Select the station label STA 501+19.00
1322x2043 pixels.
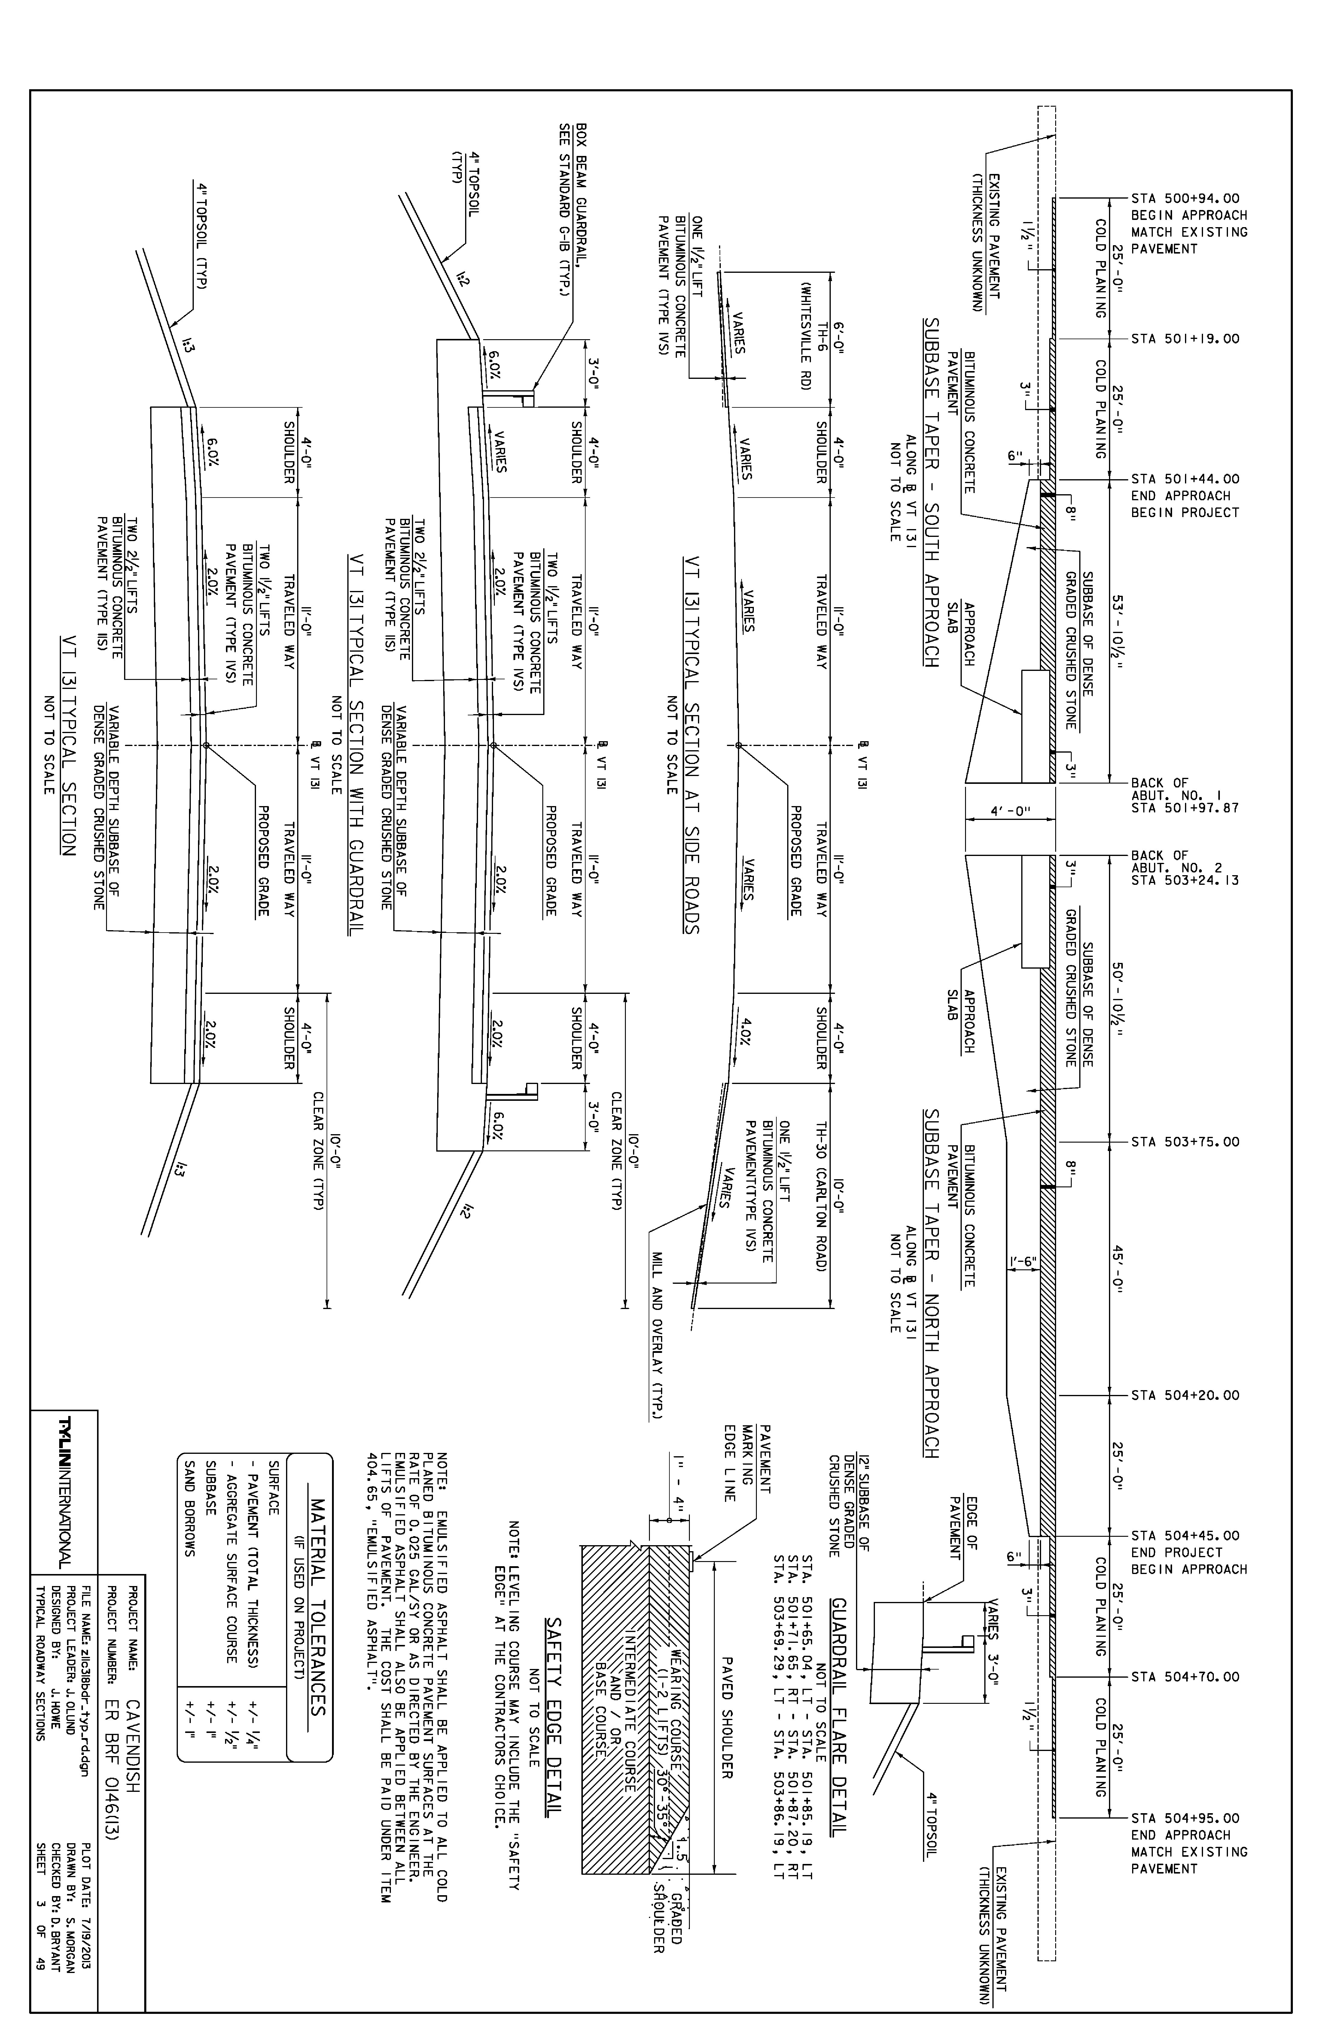[x=1186, y=339]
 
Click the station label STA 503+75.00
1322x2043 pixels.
[x=1186, y=1143]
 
